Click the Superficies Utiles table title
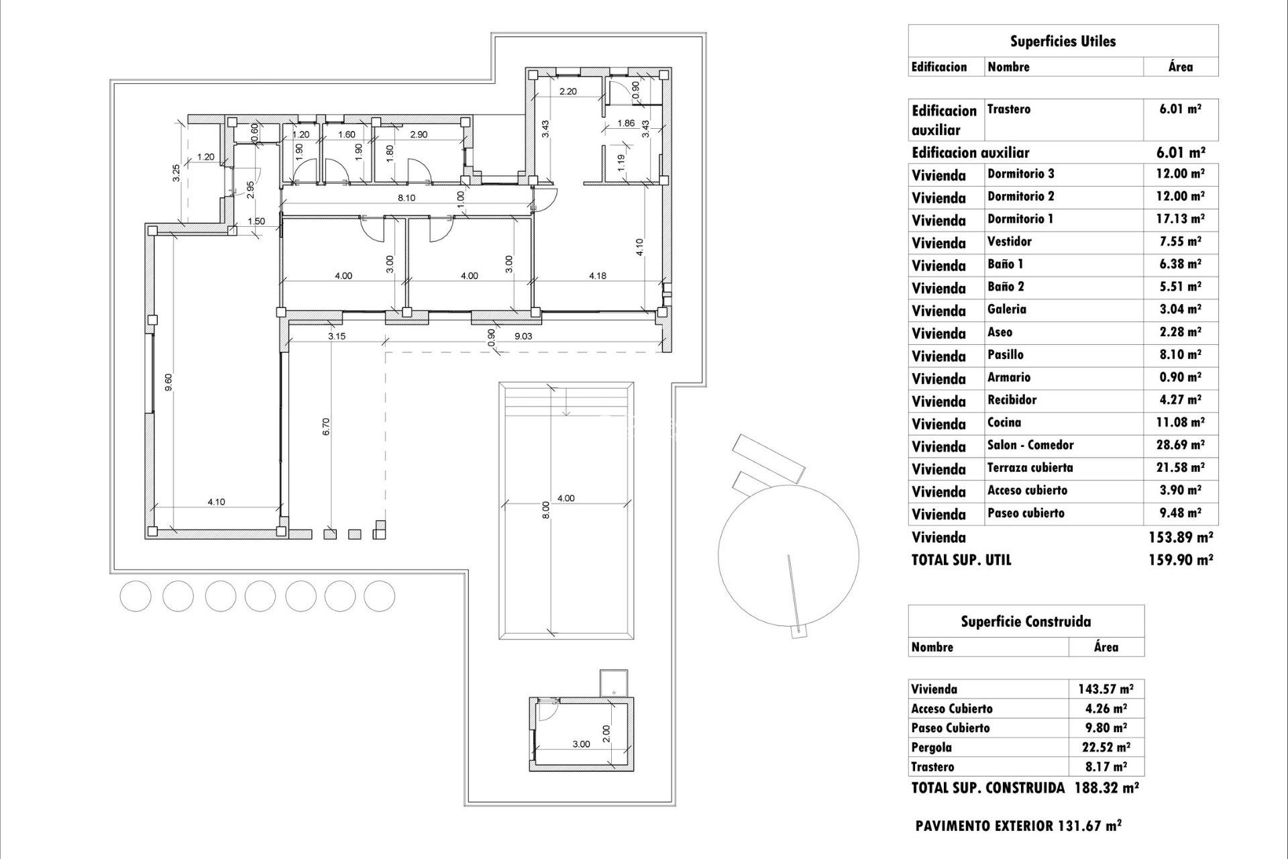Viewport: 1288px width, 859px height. coord(1063,42)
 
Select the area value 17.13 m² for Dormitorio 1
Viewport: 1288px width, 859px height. coord(1181,219)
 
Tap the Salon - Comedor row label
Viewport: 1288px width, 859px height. coord(1030,445)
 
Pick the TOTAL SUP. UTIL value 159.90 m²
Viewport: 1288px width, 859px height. coord(1181,560)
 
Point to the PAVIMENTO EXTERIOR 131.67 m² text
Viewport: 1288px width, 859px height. coord(1018,826)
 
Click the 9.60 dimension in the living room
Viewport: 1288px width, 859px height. coord(169,383)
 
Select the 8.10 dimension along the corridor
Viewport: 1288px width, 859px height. coord(407,198)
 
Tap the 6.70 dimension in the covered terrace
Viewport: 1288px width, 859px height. coord(326,427)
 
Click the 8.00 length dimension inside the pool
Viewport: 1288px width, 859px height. coord(546,510)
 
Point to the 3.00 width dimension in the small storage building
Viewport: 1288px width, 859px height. coord(581,744)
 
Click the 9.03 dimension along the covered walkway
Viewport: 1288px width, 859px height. coord(523,336)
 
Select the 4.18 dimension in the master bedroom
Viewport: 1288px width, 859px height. coord(597,276)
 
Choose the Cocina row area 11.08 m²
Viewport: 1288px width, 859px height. coord(1181,422)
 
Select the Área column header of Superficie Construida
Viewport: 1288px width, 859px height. coord(1106,647)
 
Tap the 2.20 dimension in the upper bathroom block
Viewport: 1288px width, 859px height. coord(568,91)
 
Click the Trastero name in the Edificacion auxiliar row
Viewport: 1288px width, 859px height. coord(1008,109)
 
